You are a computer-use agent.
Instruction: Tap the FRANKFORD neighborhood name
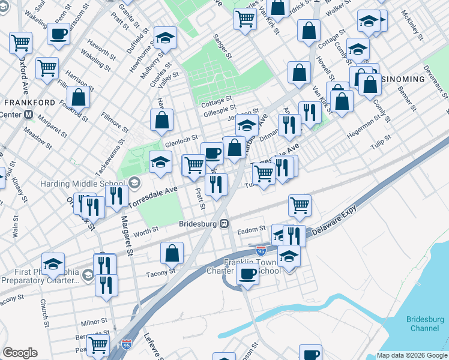(x=28, y=103)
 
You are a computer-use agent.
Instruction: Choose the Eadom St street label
(x=252, y=229)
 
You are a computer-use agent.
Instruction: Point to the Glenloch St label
(x=181, y=143)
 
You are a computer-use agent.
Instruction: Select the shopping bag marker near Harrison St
(x=78, y=97)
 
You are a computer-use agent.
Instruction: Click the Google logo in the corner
(x=20, y=353)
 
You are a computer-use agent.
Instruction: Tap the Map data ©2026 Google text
(x=412, y=356)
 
